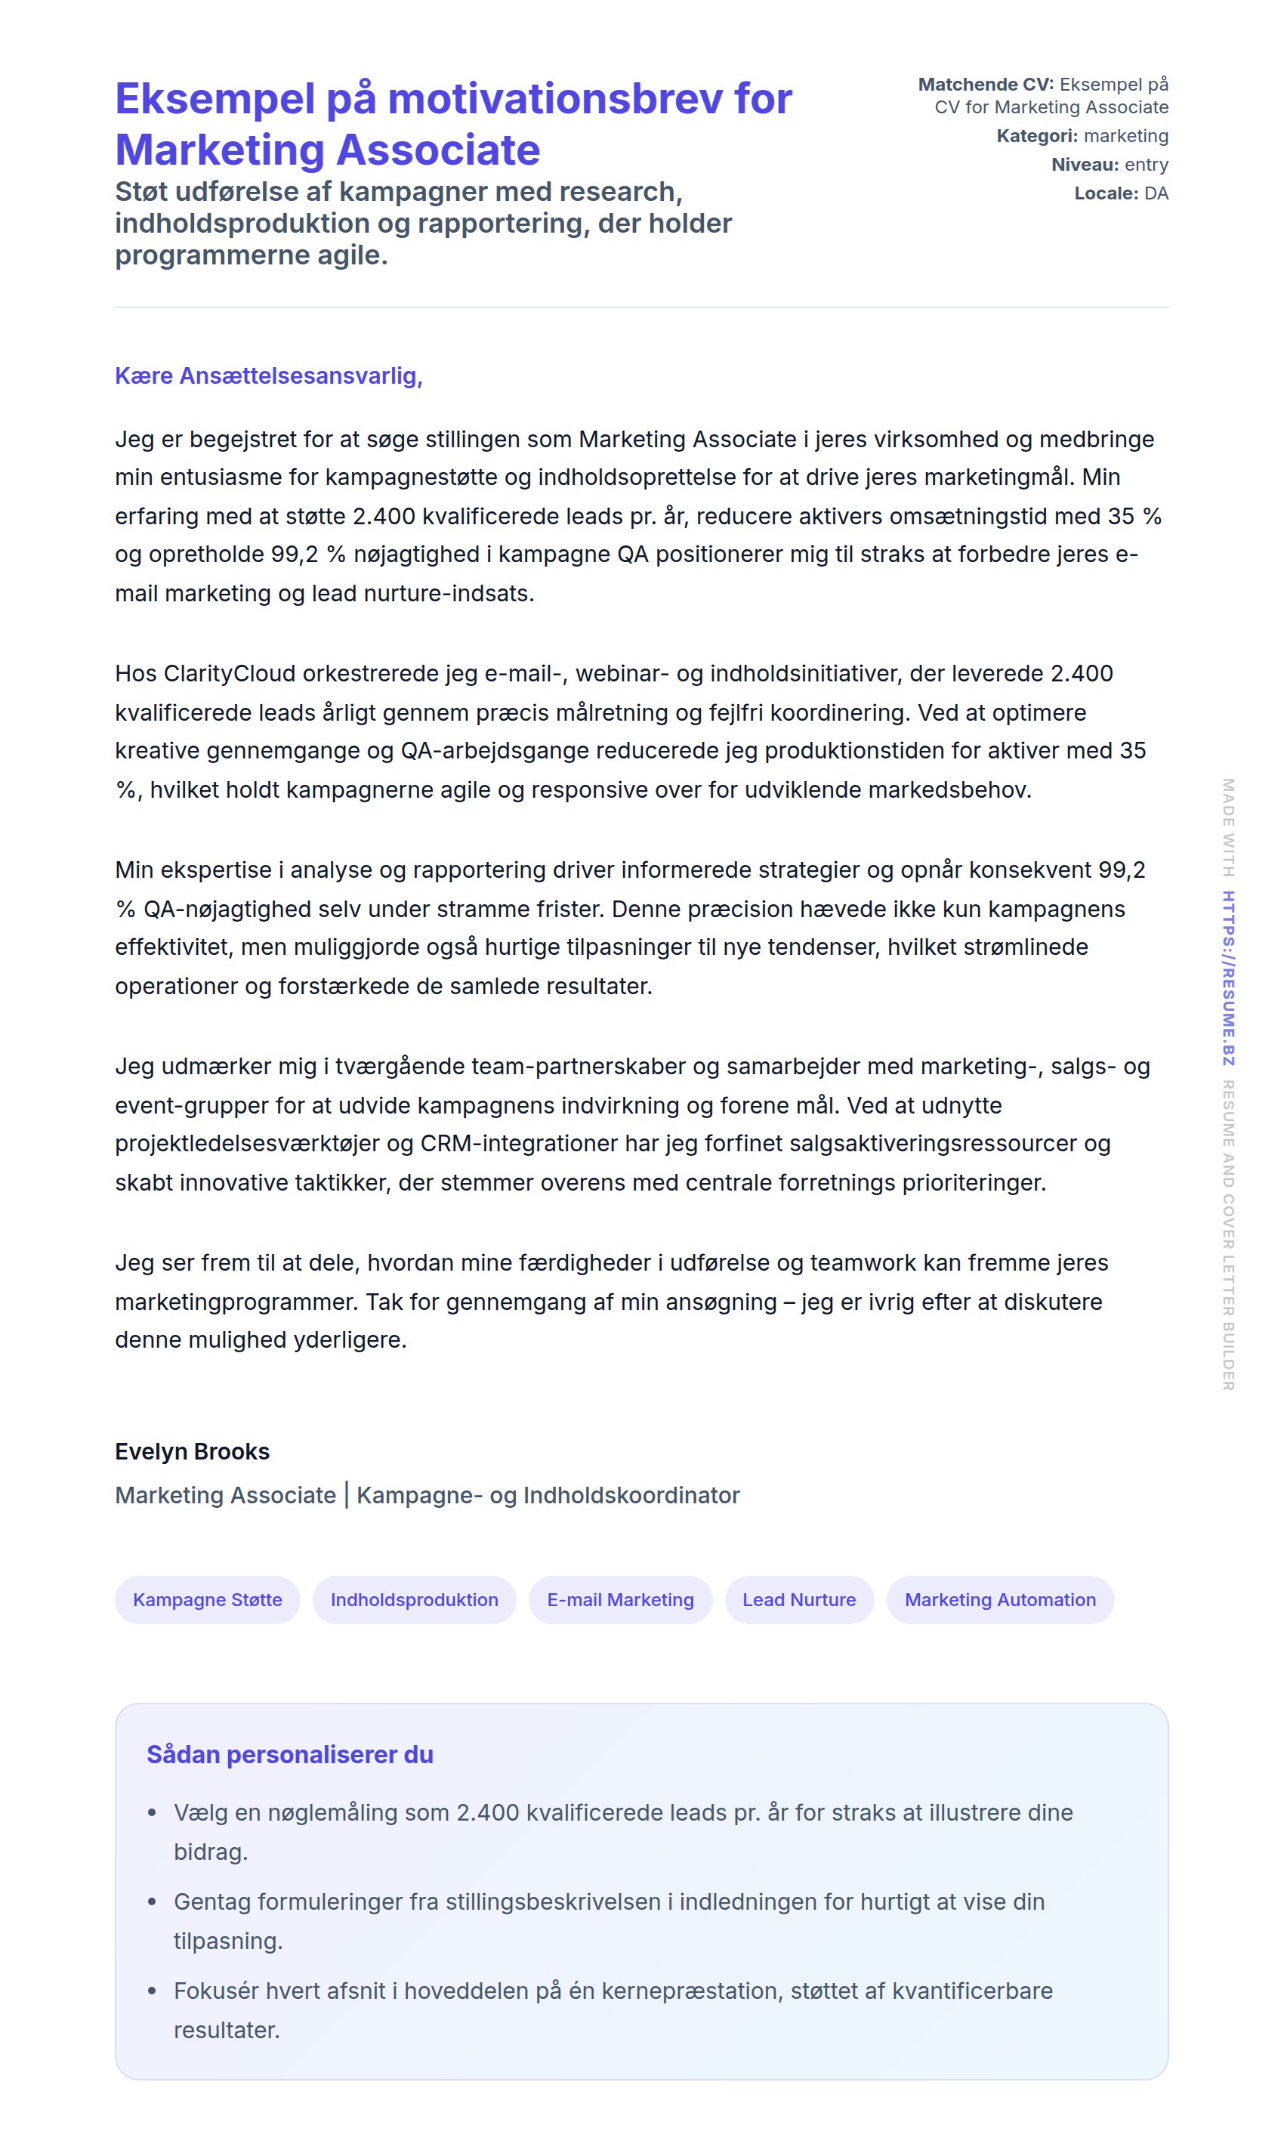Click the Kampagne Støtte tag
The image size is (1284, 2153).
[207, 1599]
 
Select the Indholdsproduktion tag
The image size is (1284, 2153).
[414, 1599]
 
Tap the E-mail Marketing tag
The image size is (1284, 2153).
[619, 1599]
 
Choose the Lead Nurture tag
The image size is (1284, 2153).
[798, 1599]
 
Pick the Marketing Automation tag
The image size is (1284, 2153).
[999, 1599]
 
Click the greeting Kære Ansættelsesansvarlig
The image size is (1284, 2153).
[268, 375]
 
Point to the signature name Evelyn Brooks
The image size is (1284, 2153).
[192, 1451]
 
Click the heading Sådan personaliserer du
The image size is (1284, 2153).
[289, 1754]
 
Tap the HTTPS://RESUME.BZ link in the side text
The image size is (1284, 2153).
[1228, 978]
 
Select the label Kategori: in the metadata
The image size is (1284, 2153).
[1036, 136]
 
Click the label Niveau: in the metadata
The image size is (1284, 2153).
[1084, 165]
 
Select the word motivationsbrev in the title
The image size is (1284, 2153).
[554, 99]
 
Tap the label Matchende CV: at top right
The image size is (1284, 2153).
[986, 84]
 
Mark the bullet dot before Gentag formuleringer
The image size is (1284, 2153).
[153, 1901]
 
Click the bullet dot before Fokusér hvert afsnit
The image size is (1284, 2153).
[153, 1991]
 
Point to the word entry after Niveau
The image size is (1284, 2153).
[1147, 165]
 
